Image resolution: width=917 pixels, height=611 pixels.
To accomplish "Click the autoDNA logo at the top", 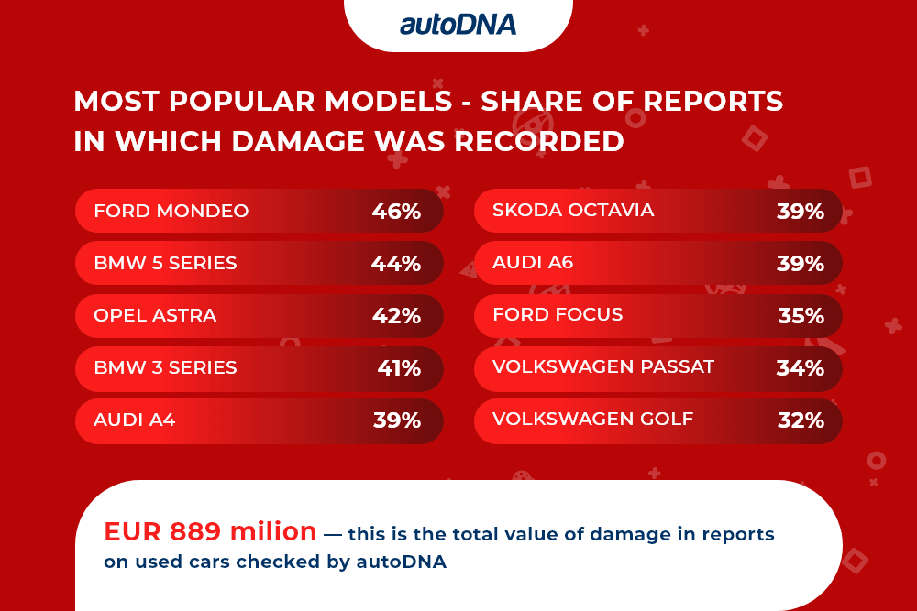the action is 458,25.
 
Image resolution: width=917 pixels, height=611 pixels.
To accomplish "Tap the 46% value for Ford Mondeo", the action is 396,212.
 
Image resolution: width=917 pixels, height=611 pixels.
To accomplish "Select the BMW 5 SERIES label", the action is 165,263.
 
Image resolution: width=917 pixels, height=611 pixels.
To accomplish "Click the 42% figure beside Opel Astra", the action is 396,316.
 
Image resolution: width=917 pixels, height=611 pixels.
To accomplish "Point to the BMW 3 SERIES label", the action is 165,367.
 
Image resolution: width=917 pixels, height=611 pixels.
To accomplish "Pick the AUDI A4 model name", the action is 135,420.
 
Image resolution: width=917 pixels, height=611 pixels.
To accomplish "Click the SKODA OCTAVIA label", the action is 573,210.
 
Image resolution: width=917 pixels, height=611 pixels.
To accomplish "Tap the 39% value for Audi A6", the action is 801,264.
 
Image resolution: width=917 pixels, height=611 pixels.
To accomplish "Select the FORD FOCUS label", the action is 558,314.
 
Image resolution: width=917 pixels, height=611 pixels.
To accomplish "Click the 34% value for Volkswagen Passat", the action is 801,368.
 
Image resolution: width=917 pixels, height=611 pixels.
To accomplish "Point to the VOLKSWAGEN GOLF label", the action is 593,419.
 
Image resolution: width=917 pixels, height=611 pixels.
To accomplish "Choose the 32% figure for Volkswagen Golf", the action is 801,420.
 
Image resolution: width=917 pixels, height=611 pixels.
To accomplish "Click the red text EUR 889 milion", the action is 211,531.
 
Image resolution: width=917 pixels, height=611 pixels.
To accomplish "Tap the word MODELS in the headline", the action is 388,101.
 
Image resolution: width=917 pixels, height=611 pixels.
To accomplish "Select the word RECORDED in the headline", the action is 539,141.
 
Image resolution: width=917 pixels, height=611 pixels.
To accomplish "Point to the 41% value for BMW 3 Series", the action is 399,368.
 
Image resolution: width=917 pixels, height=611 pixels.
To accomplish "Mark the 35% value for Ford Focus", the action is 801,316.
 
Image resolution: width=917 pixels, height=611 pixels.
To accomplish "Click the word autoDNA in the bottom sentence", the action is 402,562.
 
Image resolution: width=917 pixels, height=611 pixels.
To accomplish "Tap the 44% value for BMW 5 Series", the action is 396,264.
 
